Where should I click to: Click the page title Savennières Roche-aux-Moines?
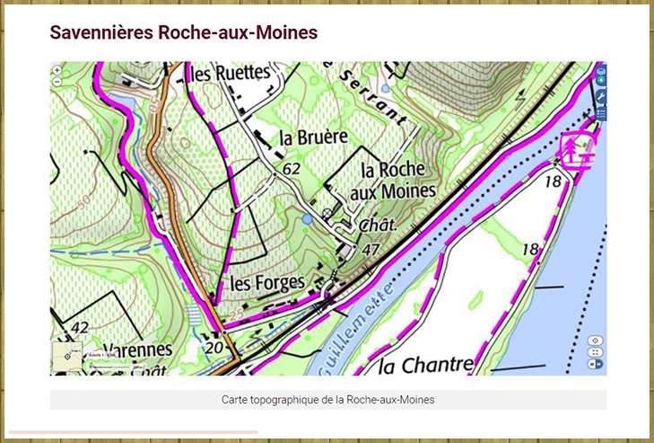coord(183,33)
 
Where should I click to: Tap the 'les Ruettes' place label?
coord(231,73)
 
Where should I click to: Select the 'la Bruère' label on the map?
coord(313,137)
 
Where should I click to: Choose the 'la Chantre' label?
coord(425,365)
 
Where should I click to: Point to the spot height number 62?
coord(291,168)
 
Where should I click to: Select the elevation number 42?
coord(80,328)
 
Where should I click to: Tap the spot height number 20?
coord(214,348)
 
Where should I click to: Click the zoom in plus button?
coord(57,70)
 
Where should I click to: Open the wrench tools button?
coord(601,96)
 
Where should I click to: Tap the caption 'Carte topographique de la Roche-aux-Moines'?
coord(327,399)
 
